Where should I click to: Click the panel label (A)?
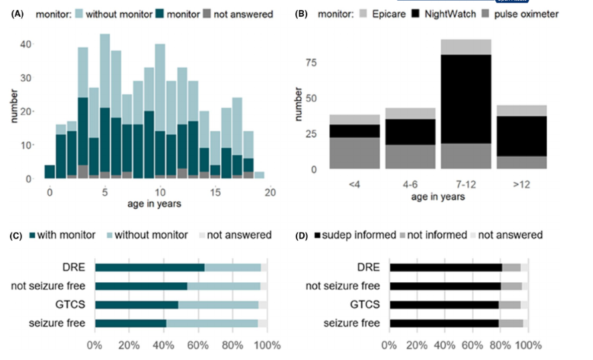19,13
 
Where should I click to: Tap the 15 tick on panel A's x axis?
214,193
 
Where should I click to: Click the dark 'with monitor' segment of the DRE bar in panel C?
149,268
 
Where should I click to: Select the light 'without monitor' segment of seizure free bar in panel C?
212,324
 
